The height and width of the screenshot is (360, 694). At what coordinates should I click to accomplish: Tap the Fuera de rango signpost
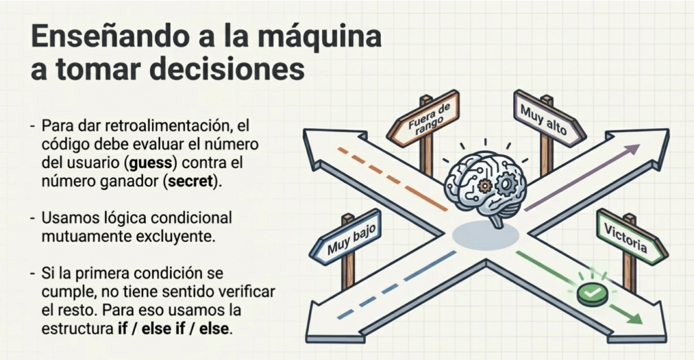coord(423,118)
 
